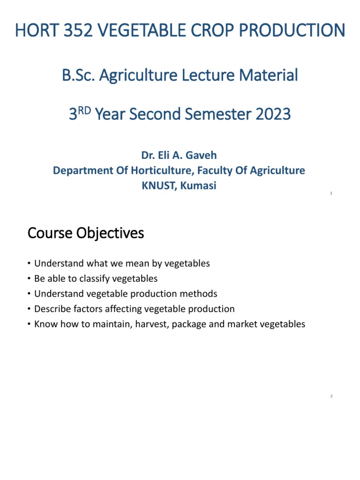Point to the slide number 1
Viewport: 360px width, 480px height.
coord(331,193)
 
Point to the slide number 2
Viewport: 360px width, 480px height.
coord(331,397)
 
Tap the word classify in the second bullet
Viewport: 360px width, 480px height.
coord(88,278)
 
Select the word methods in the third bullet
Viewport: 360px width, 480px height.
coord(200,294)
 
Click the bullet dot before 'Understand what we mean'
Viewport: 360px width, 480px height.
coord(29,263)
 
